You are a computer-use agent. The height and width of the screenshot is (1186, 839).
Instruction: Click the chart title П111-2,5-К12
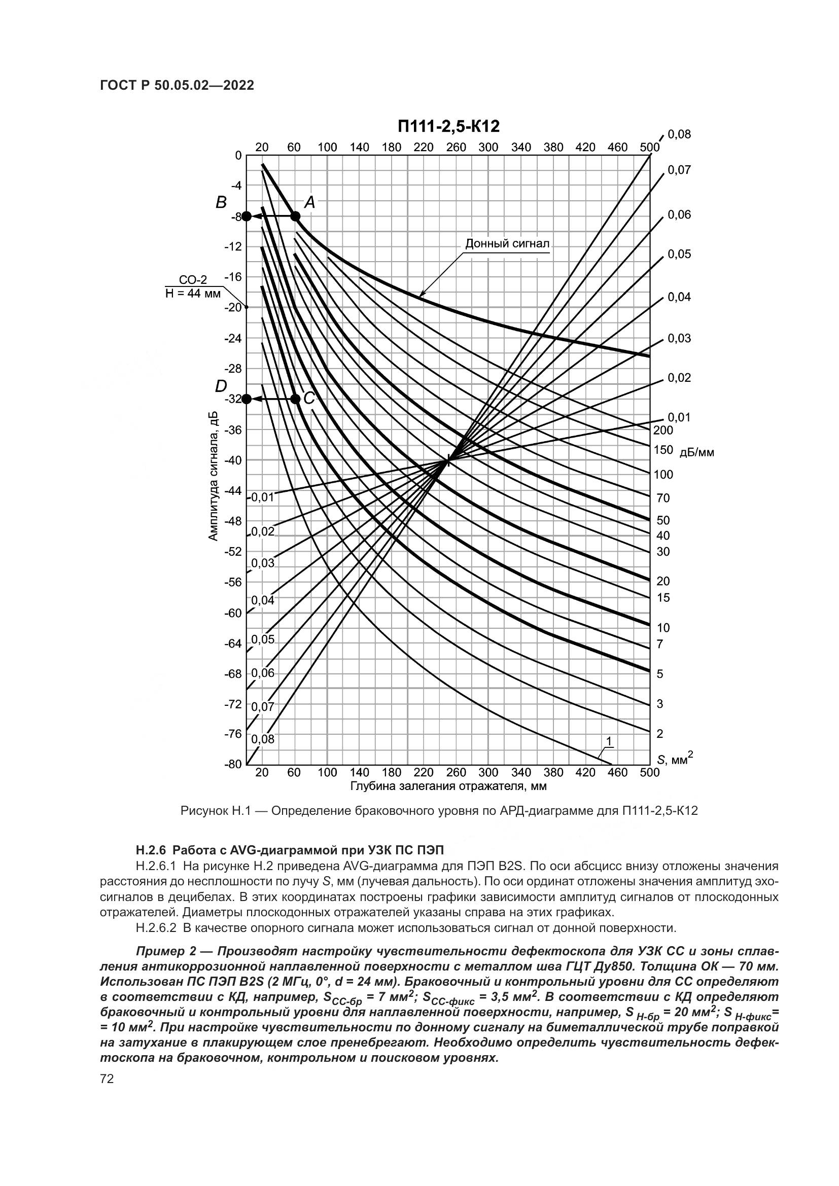coord(448,126)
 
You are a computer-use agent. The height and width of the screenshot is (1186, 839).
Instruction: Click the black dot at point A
coord(295,216)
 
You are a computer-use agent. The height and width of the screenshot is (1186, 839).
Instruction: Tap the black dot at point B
coord(247,216)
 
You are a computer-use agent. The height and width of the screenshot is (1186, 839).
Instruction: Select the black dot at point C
coord(295,399)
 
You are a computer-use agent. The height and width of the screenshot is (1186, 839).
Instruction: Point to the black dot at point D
coord(247,399)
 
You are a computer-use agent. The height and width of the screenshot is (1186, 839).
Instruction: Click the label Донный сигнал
coord(507,243)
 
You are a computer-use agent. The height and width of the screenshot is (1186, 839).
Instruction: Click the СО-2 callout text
coord(193,280)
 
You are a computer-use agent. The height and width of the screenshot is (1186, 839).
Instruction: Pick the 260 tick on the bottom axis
coord(456,772)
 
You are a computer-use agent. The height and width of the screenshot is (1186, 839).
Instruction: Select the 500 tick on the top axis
coord(649,147)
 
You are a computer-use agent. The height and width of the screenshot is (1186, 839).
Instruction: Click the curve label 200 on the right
coord(663,430)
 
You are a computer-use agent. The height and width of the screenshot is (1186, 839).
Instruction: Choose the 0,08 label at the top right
coord(679,135)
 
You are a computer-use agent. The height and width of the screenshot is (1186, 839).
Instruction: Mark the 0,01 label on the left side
coord(262,497)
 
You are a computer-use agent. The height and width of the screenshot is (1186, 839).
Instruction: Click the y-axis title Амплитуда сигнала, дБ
coord(214,476)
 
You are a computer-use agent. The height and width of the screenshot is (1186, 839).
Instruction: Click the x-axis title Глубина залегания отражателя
coord(448,787)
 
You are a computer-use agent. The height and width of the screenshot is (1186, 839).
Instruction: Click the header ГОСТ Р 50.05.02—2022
coord(177,86)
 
